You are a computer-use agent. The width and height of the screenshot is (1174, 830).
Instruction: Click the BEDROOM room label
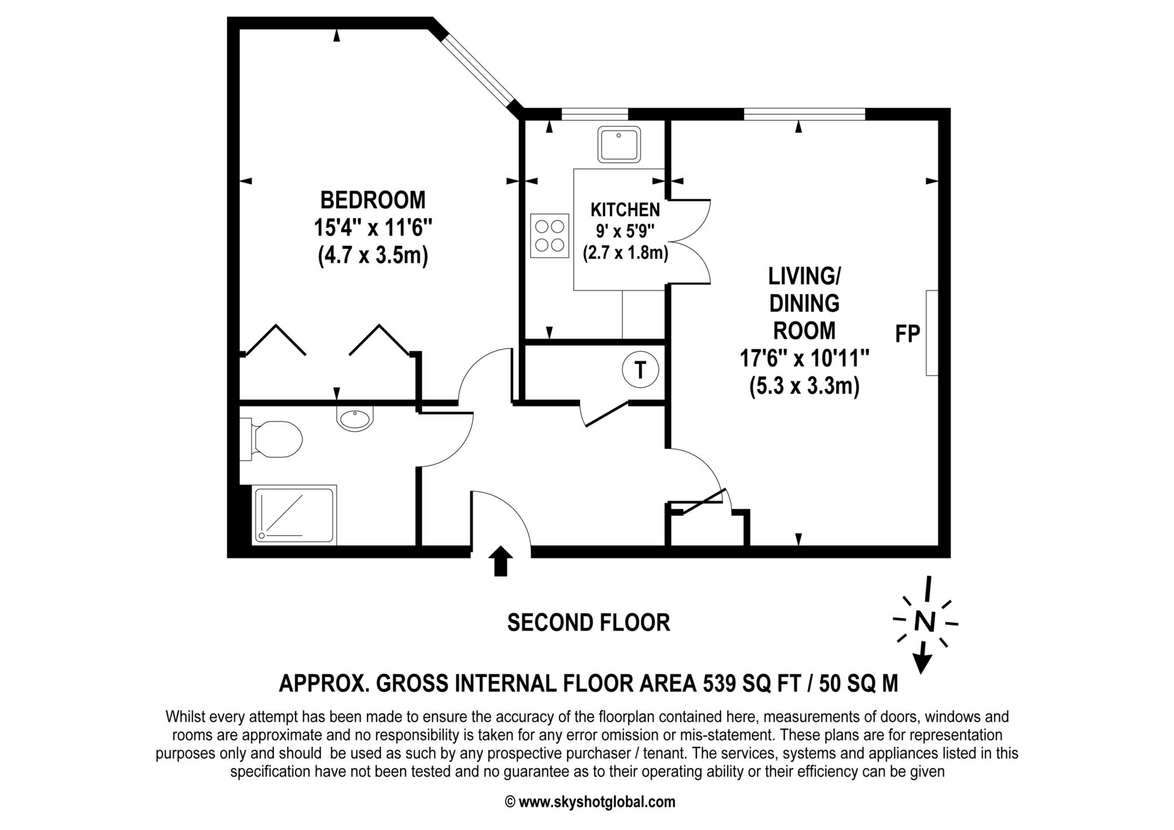[x=373, y=201]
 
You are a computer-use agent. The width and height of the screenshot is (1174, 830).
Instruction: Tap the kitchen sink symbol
[x=619, y=145]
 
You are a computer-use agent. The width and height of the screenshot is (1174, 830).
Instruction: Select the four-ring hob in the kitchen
[x=549, y=236]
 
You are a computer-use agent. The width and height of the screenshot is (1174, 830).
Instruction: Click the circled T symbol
[x=640, y=370]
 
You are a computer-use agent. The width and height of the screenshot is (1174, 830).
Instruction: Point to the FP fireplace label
[x=907, y=334]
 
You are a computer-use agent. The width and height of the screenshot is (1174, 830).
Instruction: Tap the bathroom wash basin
[x=355, y=419]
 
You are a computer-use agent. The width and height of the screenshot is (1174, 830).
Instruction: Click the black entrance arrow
[x=501, y=561]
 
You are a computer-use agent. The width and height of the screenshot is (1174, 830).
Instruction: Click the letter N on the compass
[x=924, y=621]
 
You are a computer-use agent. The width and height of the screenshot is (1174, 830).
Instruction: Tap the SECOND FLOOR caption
[x=588, y=622]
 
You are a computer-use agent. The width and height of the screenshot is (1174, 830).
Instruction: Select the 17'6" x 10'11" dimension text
[x=804, y=359]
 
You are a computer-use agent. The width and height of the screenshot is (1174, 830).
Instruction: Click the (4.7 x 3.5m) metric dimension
[x=373, y=256]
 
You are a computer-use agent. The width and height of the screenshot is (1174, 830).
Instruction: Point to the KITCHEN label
[x=625, y=210]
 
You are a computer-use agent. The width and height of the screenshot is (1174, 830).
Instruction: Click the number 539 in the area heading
[x=718, y=684]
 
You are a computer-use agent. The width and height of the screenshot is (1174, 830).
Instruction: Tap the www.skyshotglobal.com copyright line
[x=590, y=802]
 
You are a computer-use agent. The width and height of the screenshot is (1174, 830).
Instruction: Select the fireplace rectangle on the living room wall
[x=932, y=333]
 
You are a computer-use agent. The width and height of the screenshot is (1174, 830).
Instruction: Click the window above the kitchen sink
[x=594, y=114]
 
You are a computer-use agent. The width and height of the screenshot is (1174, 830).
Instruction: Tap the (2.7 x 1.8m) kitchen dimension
[x=625, y=253]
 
